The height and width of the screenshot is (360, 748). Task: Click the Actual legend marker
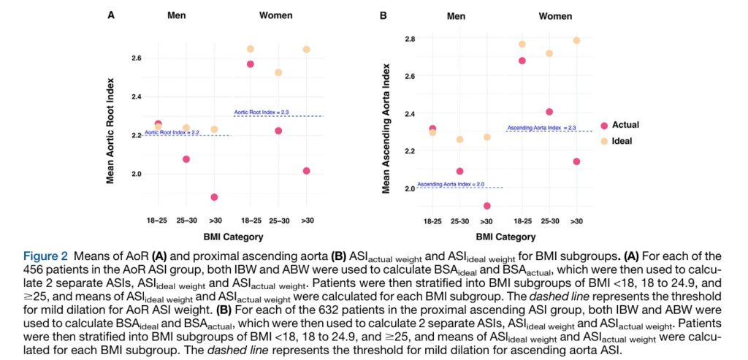point(604,126)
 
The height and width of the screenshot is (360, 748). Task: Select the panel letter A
point(111,15)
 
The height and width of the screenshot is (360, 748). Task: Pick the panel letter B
point(383,15)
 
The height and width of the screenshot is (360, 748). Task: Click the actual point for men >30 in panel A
point(214,197)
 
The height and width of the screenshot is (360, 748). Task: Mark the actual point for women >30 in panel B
point(576,161)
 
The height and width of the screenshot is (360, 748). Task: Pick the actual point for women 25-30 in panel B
point(549,112)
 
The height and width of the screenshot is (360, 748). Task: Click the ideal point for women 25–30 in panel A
point(278,72)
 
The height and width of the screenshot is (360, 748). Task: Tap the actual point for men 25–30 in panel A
point(186,158)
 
